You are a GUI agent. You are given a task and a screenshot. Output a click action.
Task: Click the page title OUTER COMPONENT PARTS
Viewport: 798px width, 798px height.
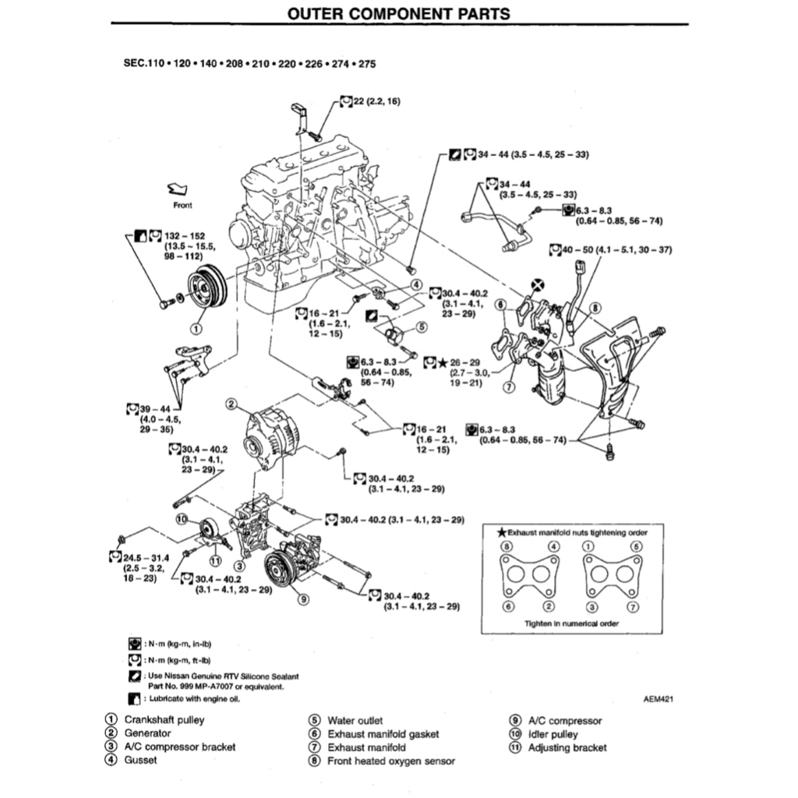398,13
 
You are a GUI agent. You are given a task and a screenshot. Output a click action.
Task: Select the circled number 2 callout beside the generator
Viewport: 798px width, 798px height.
231,403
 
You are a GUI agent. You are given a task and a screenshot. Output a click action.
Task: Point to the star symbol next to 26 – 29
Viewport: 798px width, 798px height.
442,362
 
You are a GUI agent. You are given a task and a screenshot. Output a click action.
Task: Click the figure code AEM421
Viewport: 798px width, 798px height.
658,699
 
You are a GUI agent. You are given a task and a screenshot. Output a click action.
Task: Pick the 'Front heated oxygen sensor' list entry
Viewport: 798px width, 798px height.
390,761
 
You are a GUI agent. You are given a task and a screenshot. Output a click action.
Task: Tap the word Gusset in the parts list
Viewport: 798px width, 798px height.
140,760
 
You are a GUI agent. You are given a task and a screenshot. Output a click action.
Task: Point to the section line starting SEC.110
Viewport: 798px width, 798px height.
249,64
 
